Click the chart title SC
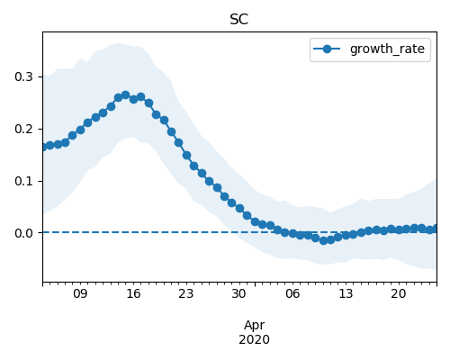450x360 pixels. tap(239, 20)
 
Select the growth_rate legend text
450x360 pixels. tap(387, 49)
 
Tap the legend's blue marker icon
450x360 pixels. tap(327, 49)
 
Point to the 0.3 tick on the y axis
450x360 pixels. tap(23, 76)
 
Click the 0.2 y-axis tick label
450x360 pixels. tap(23, 129)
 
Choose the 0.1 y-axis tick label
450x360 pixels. tap(23, 181)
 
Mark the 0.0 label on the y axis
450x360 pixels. tap(23, 233)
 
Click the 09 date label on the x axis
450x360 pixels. tap(80, 293)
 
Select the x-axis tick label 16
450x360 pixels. tap(133, 293)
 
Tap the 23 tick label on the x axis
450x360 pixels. tap(186, 293)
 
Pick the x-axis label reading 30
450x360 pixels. tap(239, 293)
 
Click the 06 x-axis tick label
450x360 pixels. tap(292, 293)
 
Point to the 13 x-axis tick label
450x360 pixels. tap(346, 293)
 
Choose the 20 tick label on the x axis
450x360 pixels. tap(399, 293)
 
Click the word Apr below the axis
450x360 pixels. tap(254, 326)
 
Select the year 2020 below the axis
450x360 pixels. tap(254, 340)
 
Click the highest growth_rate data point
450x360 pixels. tap(125, 95)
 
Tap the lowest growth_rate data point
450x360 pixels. tap(323, 240)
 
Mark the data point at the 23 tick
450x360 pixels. tap(186, 155)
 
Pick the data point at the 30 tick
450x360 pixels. tap(239, 208)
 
